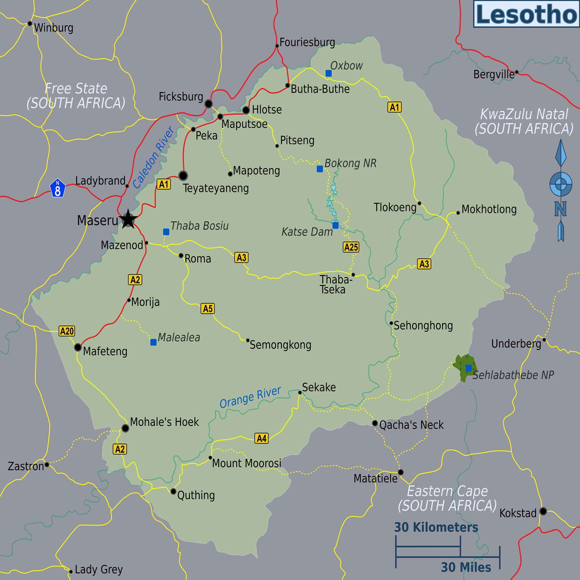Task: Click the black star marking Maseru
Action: coord(128,219)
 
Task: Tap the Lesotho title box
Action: coord(526,14)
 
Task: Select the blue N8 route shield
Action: coord(58,188)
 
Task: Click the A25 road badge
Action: coord(351,247)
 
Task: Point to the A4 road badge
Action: coord(261,438)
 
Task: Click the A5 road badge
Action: coord(207,308)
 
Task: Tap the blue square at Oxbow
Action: coord(328,73)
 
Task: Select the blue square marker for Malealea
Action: coord(153,342)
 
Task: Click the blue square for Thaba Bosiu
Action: coord(166,232)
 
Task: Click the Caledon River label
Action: coord(153,158)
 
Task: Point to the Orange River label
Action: coord(250,397)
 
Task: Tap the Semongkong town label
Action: coord(280,345)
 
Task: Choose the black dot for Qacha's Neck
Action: coord(375,423)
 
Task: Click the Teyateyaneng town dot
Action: coord(183,175)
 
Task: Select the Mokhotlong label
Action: coord(489,209)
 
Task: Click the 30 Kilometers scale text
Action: coord(436,527)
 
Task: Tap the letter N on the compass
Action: coord(560,209)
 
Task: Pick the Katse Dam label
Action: coord(307,232)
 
